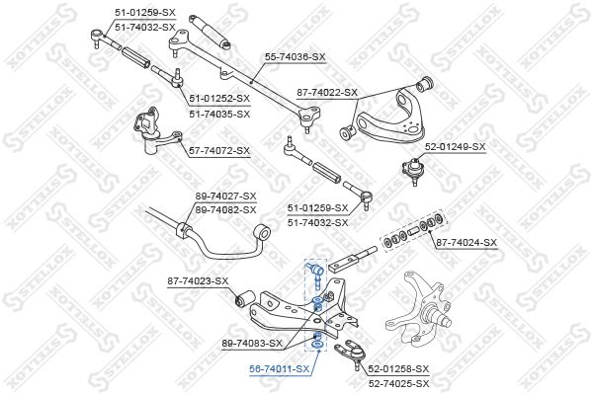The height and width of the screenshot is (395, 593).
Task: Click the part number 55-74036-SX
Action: click(x=295, y=57)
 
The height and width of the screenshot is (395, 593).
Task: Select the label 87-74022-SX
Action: click(x=327, y=93)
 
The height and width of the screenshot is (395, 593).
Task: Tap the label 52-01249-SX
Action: click(x=455, y=147)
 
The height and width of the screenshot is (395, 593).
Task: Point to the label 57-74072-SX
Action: click(x=219, y=151)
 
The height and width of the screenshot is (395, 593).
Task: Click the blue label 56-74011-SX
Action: click(x=279, y=369)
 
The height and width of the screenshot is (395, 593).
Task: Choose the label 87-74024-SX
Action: click(x=466, y=242)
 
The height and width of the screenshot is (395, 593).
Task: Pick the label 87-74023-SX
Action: click(x=199, y=281)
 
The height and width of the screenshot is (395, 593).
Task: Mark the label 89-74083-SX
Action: click(x=252, y=344)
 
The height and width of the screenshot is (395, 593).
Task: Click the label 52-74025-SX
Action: click(x=399, y=384)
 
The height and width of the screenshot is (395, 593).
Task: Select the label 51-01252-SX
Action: click(x=219, y=99)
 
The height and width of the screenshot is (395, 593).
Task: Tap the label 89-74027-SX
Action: click(x=225, y=197)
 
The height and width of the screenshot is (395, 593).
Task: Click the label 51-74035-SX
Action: click(x=219, y=114)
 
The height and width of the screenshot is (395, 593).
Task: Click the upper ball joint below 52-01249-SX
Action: click(x=413, y=171)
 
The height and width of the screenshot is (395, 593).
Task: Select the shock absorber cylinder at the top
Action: click(x=210, y=33)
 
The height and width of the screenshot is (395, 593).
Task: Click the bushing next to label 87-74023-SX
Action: click(x=244, y=299)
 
